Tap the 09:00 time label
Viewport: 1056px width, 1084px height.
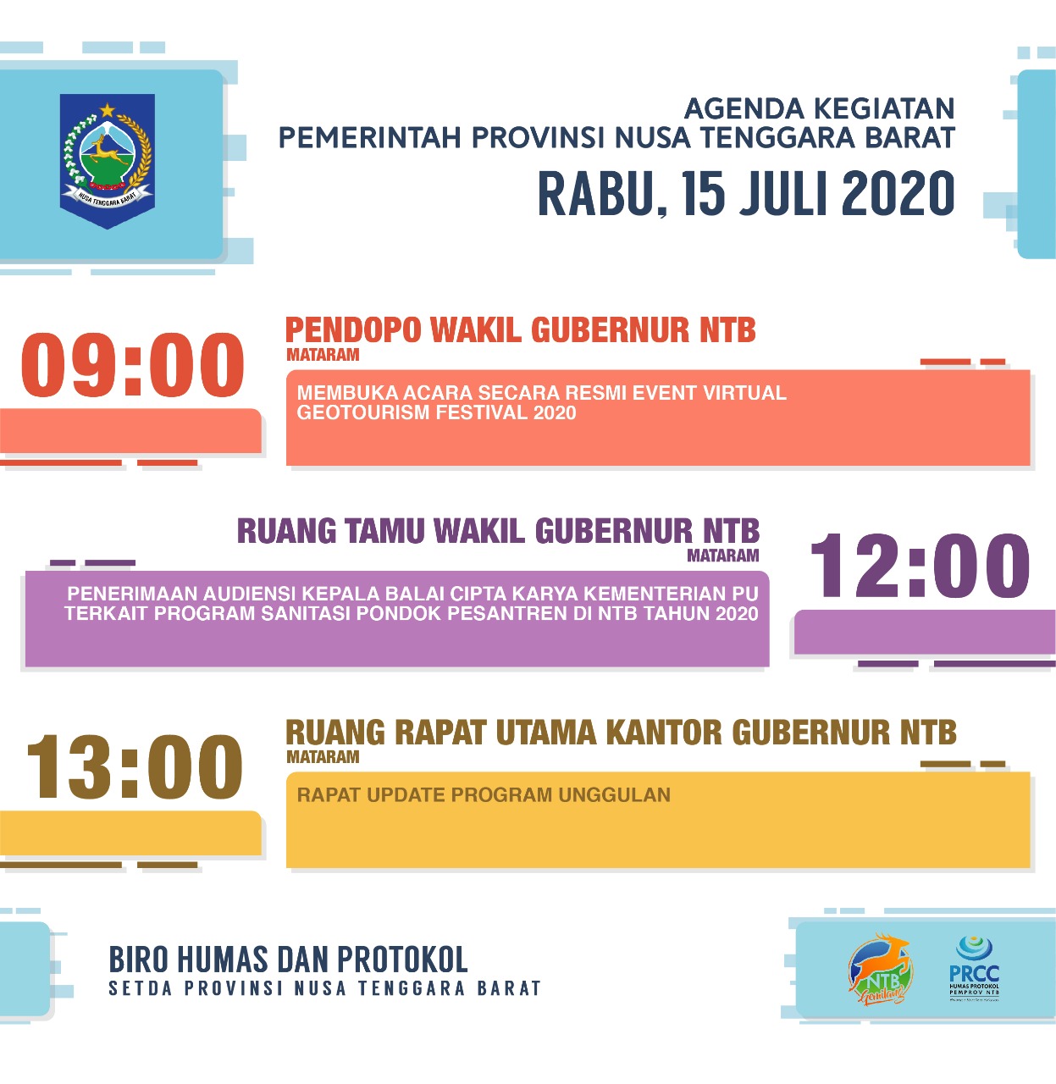click(x=133, y=366)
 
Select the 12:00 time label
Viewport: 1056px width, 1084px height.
click(x=921, y=566)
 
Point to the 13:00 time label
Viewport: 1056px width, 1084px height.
click(x=135, y=767)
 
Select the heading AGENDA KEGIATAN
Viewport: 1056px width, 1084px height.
click(x=819, y=109)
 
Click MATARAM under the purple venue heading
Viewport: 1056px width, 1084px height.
click(x=722, y=556)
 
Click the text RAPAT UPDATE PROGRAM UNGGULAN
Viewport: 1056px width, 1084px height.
click(x=484, y=795)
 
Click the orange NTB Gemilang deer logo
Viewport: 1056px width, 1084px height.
click(x=880, y=970)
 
